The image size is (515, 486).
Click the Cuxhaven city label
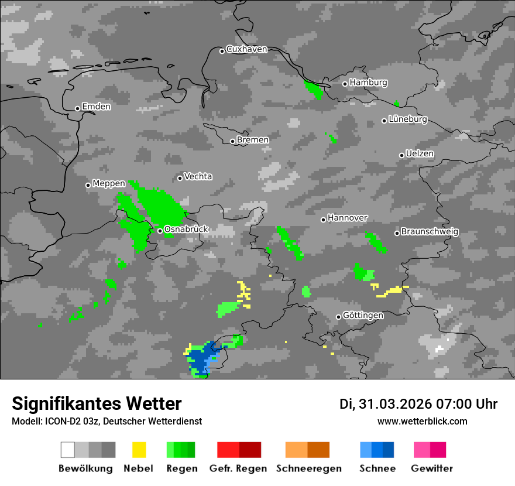point(246,50)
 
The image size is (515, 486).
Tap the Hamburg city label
point(369,83)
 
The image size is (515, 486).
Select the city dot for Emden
point(77,108)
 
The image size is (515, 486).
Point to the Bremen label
point(253,140)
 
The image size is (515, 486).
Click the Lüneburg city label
point(408,119)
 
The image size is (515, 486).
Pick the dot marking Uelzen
point(401,155)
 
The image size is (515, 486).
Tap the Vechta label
point(198,176)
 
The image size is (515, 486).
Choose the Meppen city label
point(109,184)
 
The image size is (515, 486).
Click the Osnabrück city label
point(186,230)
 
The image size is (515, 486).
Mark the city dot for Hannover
point(323,220)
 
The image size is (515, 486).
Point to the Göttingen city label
point(363,316)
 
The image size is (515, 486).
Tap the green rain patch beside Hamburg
point(314,90)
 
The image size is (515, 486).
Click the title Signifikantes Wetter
point(97,403)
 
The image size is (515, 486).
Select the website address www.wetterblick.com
point(423,421)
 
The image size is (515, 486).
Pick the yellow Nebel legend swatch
point(139,450)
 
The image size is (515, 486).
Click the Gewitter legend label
point(432,468)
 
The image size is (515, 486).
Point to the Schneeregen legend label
point(308,468)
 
